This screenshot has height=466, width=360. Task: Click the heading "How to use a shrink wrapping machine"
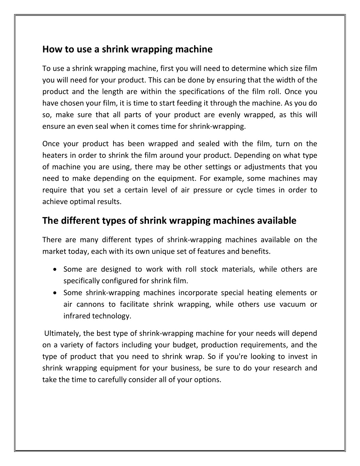127,49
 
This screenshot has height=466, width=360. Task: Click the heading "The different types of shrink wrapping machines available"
169,221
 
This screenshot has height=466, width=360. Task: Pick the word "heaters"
54,155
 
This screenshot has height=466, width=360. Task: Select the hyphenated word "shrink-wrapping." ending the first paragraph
218,126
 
